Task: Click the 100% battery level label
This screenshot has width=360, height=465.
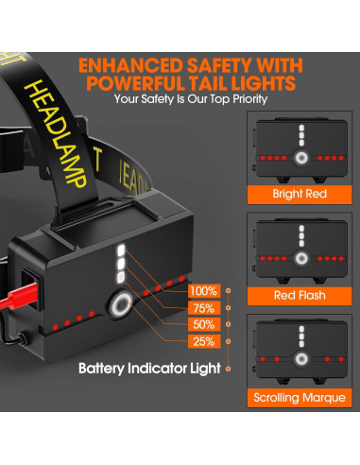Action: pos(203,291)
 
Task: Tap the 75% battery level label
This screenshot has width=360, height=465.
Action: pos(203,308)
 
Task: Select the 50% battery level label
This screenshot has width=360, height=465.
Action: pos(203,324)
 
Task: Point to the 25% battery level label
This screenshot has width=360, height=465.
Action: pos(203,341)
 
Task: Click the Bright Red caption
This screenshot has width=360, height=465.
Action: pos(300,195)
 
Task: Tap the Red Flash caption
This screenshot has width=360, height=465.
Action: pos(300,295)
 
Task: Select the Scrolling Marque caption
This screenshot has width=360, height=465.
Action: pos(300,395)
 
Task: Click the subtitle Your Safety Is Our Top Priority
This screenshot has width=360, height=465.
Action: pos(192,98)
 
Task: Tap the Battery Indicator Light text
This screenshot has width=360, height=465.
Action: pos(163,368)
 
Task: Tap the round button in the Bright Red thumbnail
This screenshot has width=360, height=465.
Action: pos(300,158)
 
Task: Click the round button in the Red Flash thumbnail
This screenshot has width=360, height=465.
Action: pos(300,258)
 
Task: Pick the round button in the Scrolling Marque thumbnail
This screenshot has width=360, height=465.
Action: pos(300,358)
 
